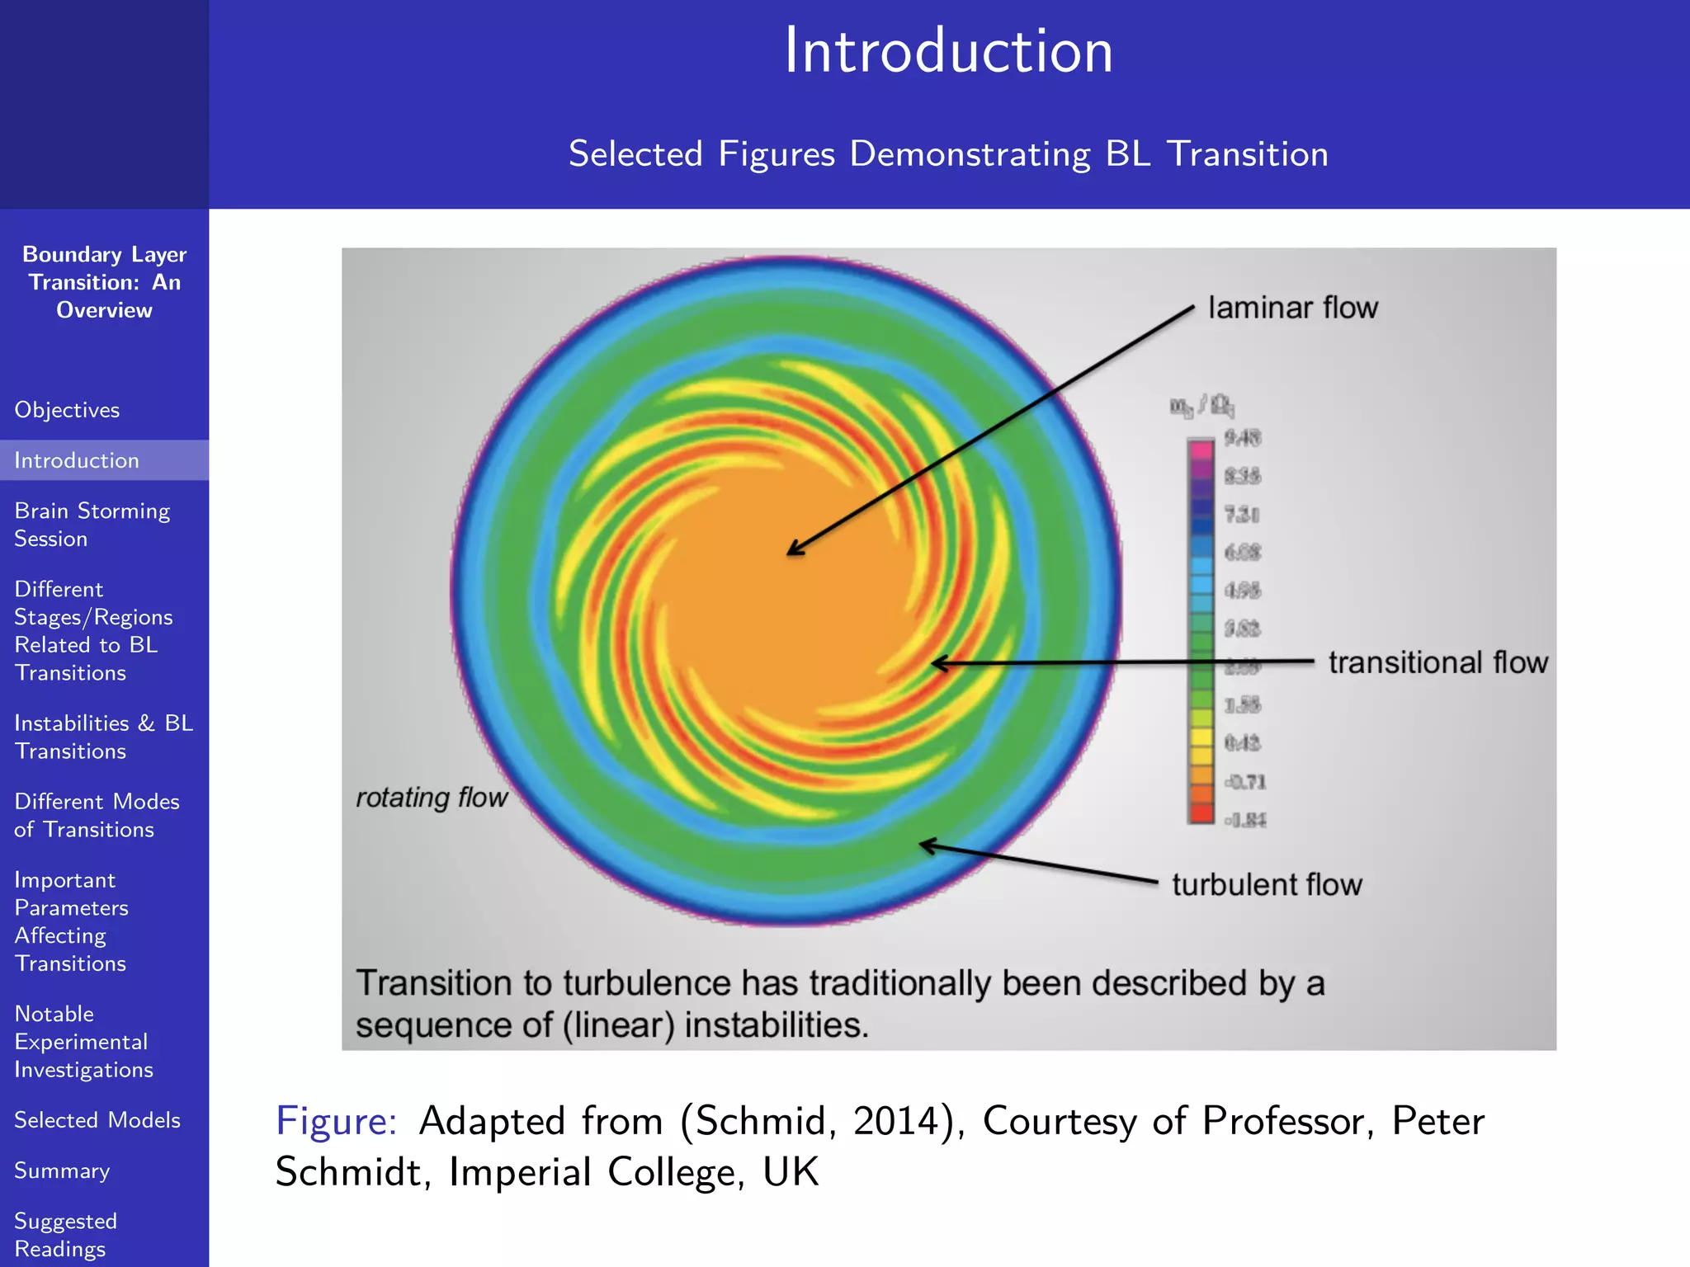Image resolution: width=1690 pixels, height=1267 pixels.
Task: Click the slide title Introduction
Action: pyautogui.click(x=948, y=51)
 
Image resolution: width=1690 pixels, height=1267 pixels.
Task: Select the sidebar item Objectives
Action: pyautogui.click(x=67, y=410)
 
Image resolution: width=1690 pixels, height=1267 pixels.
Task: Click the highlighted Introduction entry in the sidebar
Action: pyautogui.click(x=77, y=460)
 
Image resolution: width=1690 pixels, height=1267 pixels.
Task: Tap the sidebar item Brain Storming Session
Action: pyautogui.click(x=92, y=525)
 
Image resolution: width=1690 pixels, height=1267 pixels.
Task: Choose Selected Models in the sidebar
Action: pyautogui.click(x=97, y=1120)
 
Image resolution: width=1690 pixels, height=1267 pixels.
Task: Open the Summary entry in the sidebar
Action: pyautogui.click(x=62, y=1170)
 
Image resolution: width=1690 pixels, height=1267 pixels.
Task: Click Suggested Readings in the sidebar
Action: pyautogui.click(x=66, y=1235)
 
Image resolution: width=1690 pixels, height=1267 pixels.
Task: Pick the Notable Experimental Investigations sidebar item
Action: pyautogui.click(x=83, y=1042)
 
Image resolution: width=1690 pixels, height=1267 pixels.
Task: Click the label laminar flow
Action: pyautogui.click(x=1292, y=308)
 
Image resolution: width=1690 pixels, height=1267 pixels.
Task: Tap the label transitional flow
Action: pyautogui.click(x=1437, y=662)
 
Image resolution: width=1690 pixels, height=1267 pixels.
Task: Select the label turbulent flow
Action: pyautogui.click(x=1267, y=885)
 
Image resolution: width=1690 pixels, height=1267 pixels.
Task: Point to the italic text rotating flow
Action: pyautogui.click(x=432, y=798)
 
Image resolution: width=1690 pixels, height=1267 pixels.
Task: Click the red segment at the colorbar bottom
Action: pyautogui.click(x=1201, y=813)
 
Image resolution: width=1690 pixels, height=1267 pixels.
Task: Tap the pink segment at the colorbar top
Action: pyautogui.click(x=1201, y=450)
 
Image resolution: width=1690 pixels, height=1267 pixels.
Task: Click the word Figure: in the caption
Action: pyautogui.click(x=336, y=1121)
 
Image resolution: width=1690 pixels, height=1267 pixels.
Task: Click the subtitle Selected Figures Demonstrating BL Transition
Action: pyautogui.click(x=948, y=154)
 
